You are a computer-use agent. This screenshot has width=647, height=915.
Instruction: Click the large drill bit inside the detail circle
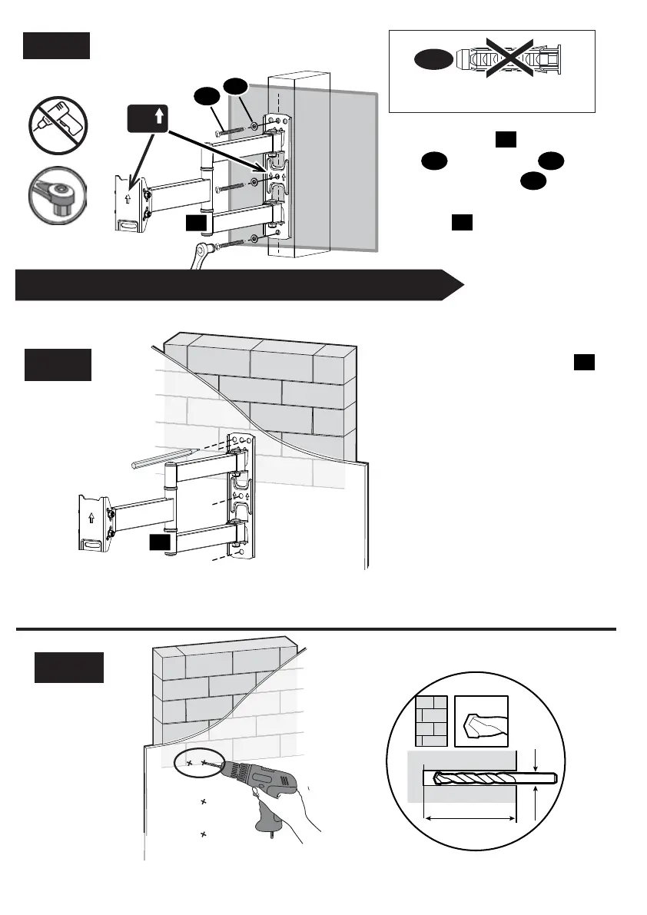[492, 778]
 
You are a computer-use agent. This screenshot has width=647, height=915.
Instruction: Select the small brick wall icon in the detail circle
[431, 721]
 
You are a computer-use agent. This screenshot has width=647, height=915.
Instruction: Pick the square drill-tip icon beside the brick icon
[482, 721]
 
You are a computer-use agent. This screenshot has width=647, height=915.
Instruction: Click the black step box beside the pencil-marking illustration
[58, 364]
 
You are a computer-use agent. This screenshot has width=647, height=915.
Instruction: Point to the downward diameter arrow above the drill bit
[536, 760]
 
